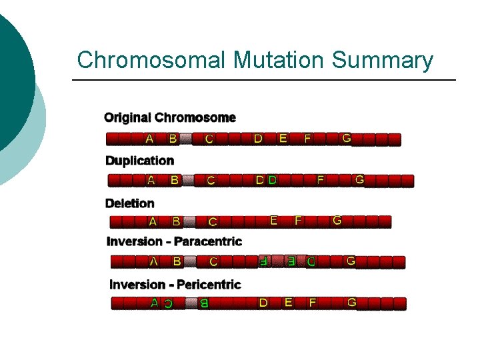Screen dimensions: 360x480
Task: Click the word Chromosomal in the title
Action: tap(152, 60)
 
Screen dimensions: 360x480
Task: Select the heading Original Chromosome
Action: tap(170, 118)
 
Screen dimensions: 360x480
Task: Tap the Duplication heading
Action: tap(139, 161)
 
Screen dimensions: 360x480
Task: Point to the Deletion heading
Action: tap(129, 203)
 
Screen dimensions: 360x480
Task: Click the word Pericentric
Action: tap(207, 285)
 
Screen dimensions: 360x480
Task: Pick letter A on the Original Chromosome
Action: tap(149, 139)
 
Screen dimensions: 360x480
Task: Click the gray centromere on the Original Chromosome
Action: tap(186, 139)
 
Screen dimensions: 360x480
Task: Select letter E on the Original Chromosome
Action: tap(283, 139)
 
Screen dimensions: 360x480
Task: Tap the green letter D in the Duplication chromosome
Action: tap(272, 180)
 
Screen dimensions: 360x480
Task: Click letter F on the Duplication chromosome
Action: tap(321, 180)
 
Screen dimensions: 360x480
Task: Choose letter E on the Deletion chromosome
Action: tap(274, 220)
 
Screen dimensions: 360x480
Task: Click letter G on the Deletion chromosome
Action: tap(337, 220)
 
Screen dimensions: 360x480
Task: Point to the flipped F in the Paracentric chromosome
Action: tap(263, 261)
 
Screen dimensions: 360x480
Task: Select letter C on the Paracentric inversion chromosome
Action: tap(213, 262)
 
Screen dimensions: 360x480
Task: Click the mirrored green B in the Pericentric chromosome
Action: tap(204, 303)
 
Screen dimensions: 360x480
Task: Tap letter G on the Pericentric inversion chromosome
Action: tap(352, 303)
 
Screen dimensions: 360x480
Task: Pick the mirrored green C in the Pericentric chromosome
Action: tap(169, 304)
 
